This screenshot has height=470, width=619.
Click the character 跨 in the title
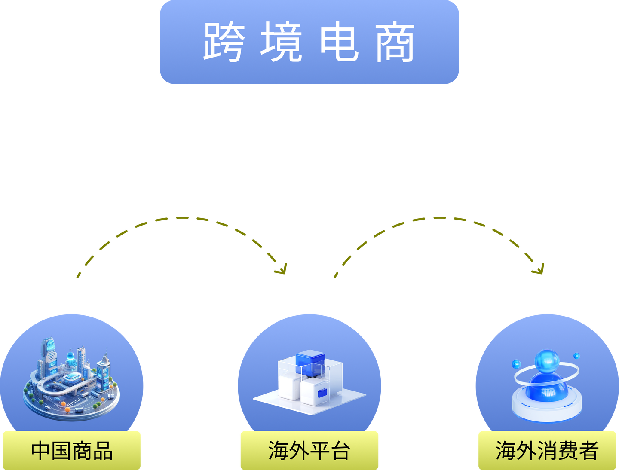(224, 42)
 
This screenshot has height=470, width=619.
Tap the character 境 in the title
(281, 42)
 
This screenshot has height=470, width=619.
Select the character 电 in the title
(339, 42)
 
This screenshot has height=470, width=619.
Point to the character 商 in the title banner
(395, 42)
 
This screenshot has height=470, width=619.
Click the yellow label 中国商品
(71, 451)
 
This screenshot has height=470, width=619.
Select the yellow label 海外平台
(309, 451)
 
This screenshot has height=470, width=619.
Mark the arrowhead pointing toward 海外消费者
(539, 269)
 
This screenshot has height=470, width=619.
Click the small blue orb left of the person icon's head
(516, 364)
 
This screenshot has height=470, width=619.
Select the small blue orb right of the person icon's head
(576, 356)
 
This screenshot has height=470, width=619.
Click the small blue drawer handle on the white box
(322, 392)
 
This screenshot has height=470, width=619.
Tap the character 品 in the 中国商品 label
(102, 451)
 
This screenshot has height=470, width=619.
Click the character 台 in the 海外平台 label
(340, 451)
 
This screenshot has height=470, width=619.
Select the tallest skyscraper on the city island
(49, 354)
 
